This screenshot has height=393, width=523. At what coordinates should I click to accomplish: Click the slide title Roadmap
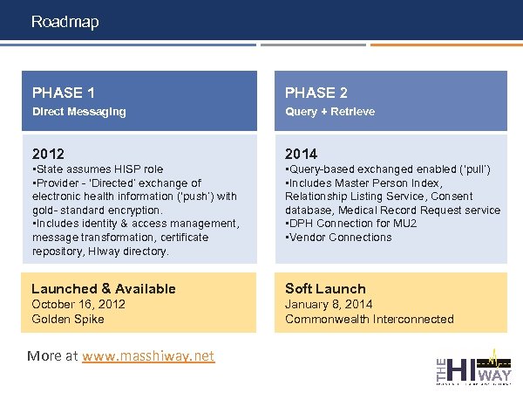65,21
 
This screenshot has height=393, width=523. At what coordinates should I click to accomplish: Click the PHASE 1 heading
64,93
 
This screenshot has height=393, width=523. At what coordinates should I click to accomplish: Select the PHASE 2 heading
316,93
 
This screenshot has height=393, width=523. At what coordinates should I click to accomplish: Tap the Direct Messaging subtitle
79,112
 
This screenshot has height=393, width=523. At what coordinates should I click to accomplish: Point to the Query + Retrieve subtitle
330,112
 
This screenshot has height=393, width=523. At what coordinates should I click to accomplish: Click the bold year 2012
48,154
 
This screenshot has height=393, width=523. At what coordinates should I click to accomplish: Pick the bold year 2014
302,154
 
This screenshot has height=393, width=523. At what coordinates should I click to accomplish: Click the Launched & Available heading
104,288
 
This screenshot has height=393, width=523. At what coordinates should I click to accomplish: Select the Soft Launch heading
325,288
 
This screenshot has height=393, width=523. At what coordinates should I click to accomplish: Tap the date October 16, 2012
78,304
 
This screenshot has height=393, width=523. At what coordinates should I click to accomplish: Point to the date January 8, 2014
329,304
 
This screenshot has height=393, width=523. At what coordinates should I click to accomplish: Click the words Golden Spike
68,319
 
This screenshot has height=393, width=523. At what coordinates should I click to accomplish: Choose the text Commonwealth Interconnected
370,319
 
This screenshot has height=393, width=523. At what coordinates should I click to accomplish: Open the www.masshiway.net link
147,356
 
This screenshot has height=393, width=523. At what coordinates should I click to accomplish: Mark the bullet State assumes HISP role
98,169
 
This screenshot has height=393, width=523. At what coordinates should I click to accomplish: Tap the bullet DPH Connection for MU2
352,224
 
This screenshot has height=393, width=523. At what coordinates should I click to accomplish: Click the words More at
52,356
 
